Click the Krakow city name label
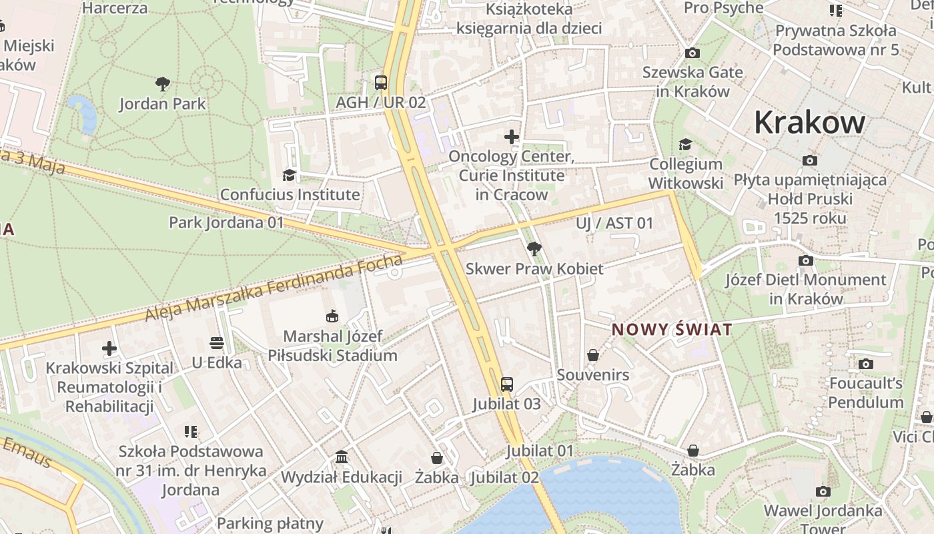809,122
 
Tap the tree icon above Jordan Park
162,84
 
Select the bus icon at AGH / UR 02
381,83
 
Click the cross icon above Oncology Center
512,137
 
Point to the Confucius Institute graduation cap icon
289,175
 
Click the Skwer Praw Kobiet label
534,268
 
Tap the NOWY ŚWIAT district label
672,329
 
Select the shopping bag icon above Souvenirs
593,355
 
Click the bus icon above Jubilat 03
507,384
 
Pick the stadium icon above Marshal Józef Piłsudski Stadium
332,316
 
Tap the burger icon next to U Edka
215,343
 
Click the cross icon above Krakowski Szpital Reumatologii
109,348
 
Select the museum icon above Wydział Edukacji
342,457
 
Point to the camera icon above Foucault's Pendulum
865,364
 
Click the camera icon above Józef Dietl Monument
806,260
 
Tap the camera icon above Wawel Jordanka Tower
823,491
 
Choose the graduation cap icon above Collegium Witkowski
685,144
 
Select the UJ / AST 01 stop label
614,223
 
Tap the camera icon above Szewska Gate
692,53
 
